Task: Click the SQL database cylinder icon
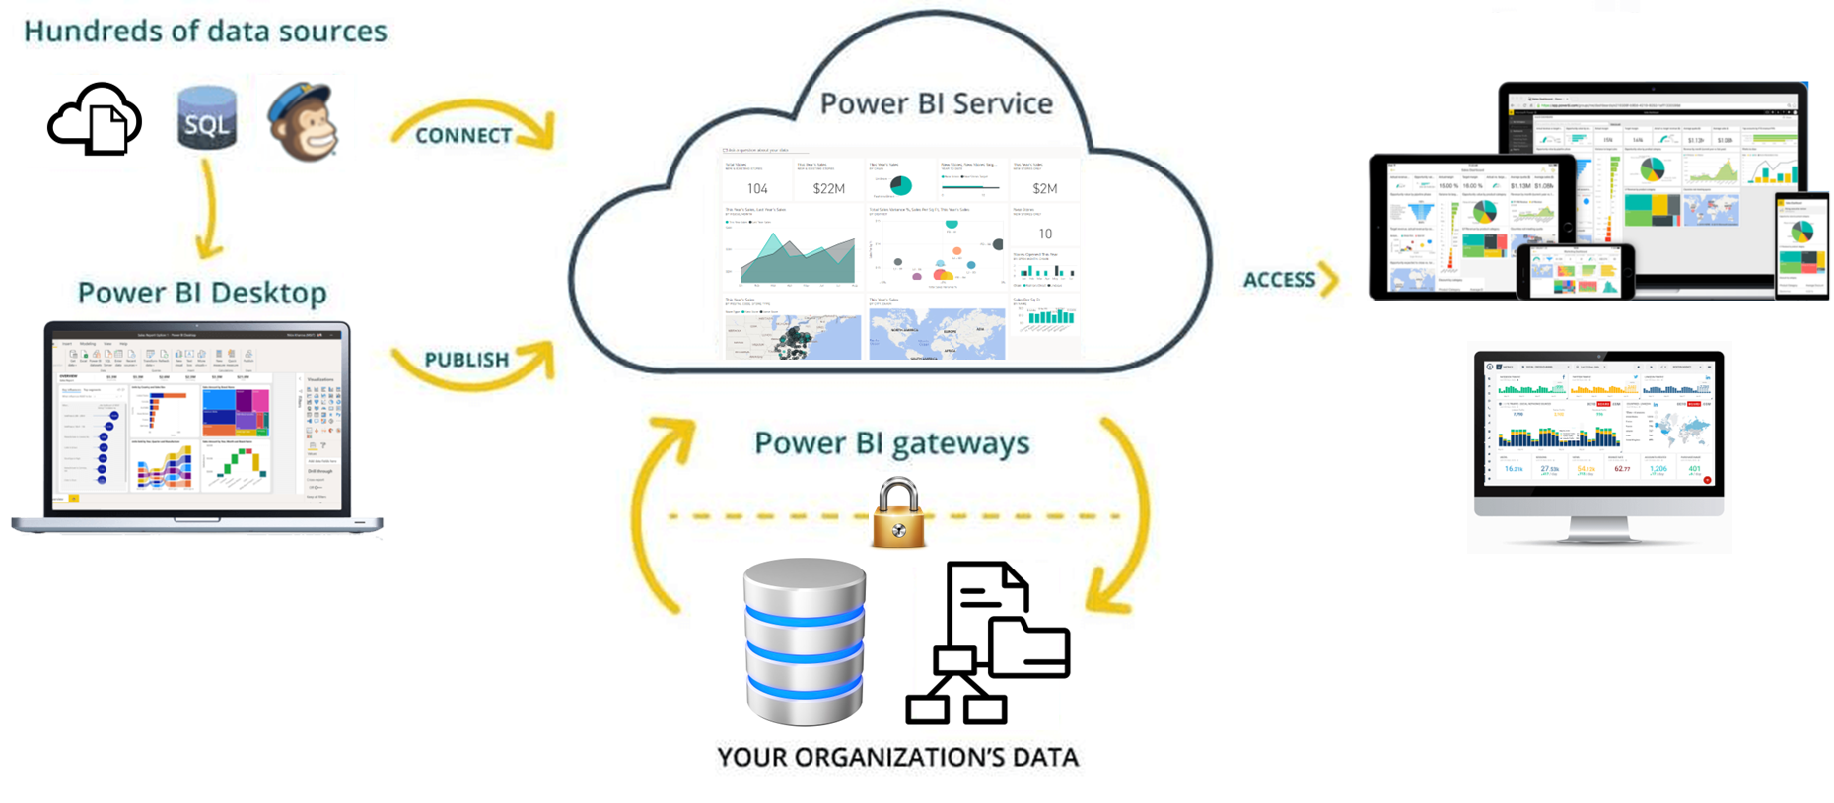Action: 207,119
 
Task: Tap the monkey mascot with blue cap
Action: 304,122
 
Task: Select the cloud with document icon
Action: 96,120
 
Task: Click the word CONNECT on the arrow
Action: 462,136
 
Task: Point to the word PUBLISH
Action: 466,360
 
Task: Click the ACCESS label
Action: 1279,280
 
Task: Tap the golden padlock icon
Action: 898,513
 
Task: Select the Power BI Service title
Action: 936,103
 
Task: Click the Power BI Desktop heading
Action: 202,293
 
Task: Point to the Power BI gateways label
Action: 891,443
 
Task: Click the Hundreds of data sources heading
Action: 205,32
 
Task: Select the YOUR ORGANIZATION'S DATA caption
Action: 897,757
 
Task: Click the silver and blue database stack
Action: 805,641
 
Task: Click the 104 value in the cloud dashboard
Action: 757,188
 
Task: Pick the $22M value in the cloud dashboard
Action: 828,188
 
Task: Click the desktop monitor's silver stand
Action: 1598,530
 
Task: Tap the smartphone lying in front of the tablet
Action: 1575,271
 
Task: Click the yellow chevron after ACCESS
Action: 1330,280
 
